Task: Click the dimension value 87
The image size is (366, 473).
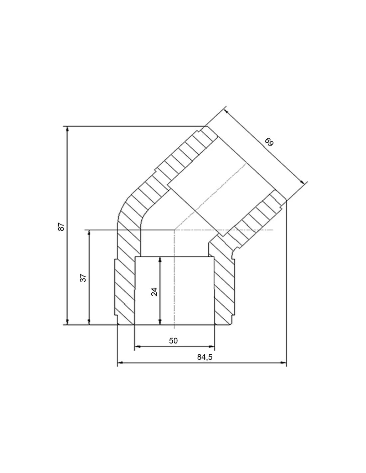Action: click(x=62, y=227)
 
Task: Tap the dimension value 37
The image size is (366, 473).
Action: click(x=83, y=278)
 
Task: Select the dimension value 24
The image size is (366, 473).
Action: click(x=154, y=292)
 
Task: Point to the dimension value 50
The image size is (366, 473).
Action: click(x=173, y=340)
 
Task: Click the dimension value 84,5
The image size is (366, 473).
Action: click(x=205, y=357)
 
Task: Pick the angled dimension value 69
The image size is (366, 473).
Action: click(x=269, y=142)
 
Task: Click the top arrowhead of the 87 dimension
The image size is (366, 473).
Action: click(x=68, y=129)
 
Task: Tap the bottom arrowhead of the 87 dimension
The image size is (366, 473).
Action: click(x=68, y=322)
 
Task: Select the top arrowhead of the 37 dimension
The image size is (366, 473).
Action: click(x=89, y=233)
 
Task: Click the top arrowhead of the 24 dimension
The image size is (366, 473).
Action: click(x=160, y=260)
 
